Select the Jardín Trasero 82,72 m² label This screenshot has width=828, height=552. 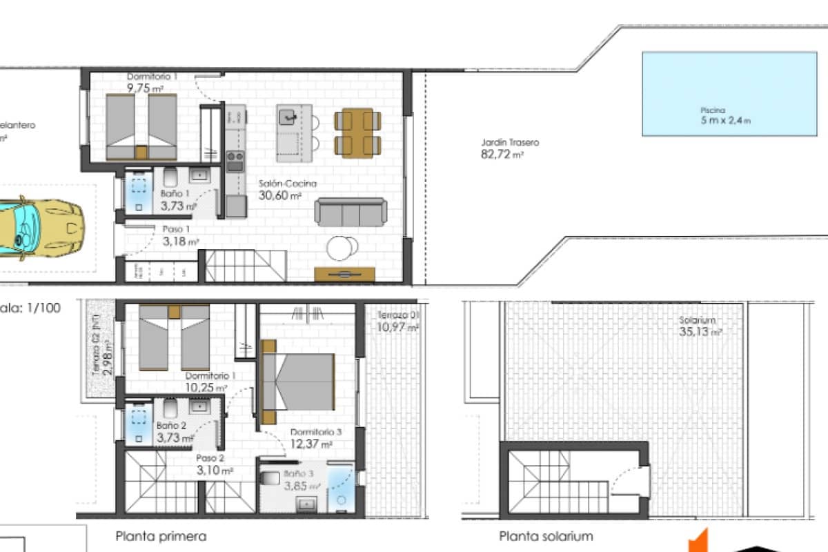(510, 149)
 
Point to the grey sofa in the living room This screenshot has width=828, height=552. (351, 212)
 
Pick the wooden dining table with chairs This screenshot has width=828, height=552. (357, 132)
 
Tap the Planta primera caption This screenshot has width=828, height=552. (161, 536)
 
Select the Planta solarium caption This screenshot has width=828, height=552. (546, 536)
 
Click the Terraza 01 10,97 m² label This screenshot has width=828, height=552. (398, 322)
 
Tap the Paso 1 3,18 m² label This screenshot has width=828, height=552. (180, 235)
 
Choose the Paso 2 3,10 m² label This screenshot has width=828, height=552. (214, 464)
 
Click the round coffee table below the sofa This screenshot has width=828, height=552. (343, 248)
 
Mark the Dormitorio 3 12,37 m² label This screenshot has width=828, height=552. (315, 437)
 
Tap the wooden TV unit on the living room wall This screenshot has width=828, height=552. (344, 274)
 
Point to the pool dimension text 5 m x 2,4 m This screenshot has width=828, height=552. (725, 119)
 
